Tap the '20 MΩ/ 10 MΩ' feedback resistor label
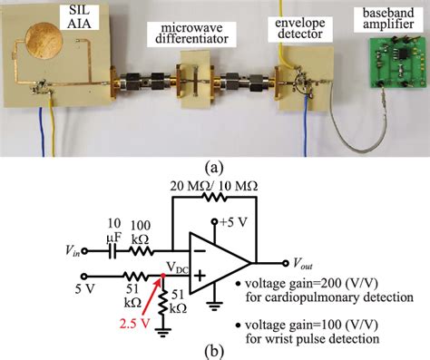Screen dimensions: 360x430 coord(214,186)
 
